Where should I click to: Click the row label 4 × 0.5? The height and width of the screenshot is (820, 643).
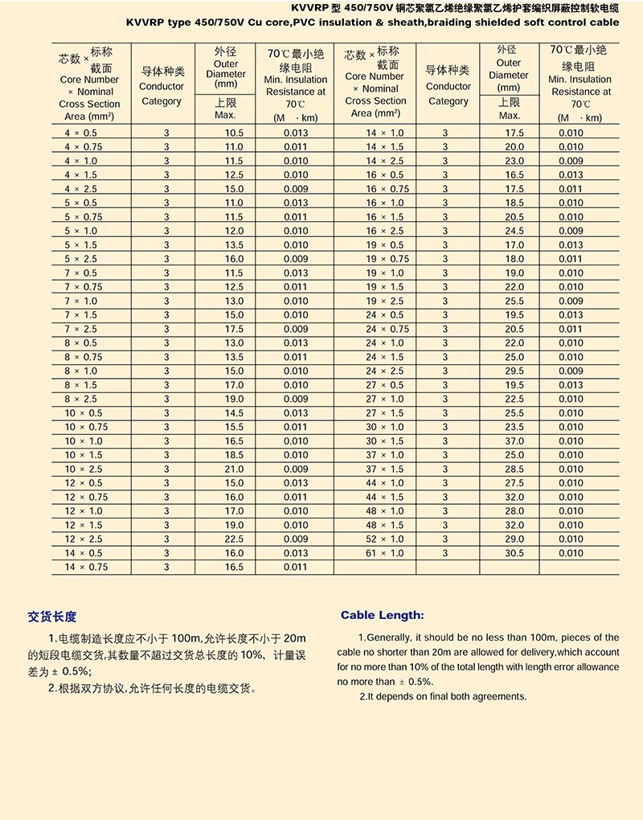[x=80, y=133]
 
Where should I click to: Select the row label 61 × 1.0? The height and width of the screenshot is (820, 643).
[x=385, y=553]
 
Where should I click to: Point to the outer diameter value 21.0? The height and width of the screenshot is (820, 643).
[x=234, y=469]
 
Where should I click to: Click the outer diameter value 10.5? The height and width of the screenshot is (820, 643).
[x=234, y=133]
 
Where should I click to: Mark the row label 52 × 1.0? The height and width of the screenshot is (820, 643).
[x=385, y=539]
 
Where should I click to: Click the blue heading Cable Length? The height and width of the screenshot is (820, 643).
[x=382, y=616]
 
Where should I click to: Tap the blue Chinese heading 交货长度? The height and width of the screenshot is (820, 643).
[x=52, y=617]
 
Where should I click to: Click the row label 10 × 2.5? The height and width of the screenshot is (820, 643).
[x=84, y=469]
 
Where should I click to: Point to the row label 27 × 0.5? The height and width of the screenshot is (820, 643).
[x=385, y=385]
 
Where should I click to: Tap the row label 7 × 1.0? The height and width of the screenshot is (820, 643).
[x=80, y=301]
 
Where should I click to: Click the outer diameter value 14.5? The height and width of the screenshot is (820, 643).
[x=234, y=413]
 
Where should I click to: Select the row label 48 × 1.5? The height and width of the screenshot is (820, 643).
[x=385, y=525]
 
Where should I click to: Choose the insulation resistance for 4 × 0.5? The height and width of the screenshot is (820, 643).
[x=296, y=133]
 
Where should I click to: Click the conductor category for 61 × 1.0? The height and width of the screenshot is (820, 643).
[x=445, y=553]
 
